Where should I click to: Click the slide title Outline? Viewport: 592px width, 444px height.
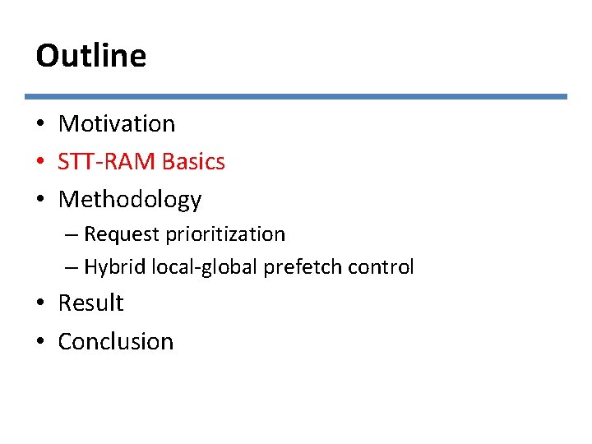coord(90,56)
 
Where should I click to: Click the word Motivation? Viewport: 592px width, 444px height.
coord(117,124)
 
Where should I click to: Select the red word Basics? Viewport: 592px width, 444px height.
coord(193,162)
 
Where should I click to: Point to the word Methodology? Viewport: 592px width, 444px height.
coord(130,200)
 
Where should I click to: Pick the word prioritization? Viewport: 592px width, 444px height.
coord(225,234)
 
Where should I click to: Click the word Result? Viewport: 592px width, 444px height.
coord(90,303)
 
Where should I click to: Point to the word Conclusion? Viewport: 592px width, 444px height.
coord(116,341)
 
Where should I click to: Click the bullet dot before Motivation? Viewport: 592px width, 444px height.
coord(40,125)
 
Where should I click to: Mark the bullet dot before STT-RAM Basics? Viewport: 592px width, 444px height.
coord(40,163)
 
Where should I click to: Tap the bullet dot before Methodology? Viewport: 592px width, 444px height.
coord(40,201)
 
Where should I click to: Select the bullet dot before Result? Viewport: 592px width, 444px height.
coord(40,304)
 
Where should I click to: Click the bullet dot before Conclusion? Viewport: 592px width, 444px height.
coord(40,342)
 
